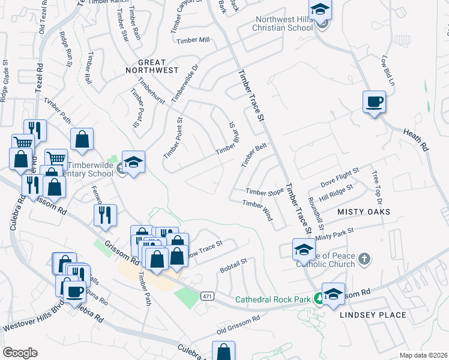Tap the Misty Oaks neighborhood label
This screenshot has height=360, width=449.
[x=363, y=212]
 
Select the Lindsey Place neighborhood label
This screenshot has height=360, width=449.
[x=373, y=314]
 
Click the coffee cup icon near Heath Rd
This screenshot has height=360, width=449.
[x=374, y=101]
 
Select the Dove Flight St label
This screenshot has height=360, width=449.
[x=339, y=175]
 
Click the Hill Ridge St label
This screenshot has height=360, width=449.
[x=337, y=191]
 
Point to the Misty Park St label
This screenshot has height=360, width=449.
[x=335, y=233]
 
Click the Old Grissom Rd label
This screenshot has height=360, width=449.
[x=238, y=326]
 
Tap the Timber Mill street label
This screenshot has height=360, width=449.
[x=193, y=40]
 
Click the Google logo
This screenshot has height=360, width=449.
[x=20, y=353]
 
